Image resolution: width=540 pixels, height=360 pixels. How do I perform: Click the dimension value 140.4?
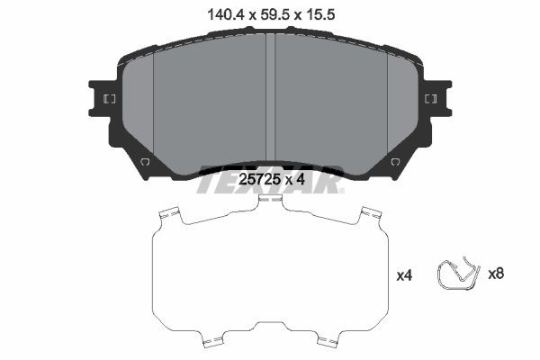click(x=226, y=14)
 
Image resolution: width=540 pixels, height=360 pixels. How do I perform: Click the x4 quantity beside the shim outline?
click(x=404, y=275)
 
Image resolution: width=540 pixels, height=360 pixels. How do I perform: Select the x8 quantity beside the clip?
click(x=496, y=274)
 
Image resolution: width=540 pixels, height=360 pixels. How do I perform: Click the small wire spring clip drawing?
click(x=458, y=274)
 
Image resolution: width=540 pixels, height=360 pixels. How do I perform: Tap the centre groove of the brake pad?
click(x=271, y=98)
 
